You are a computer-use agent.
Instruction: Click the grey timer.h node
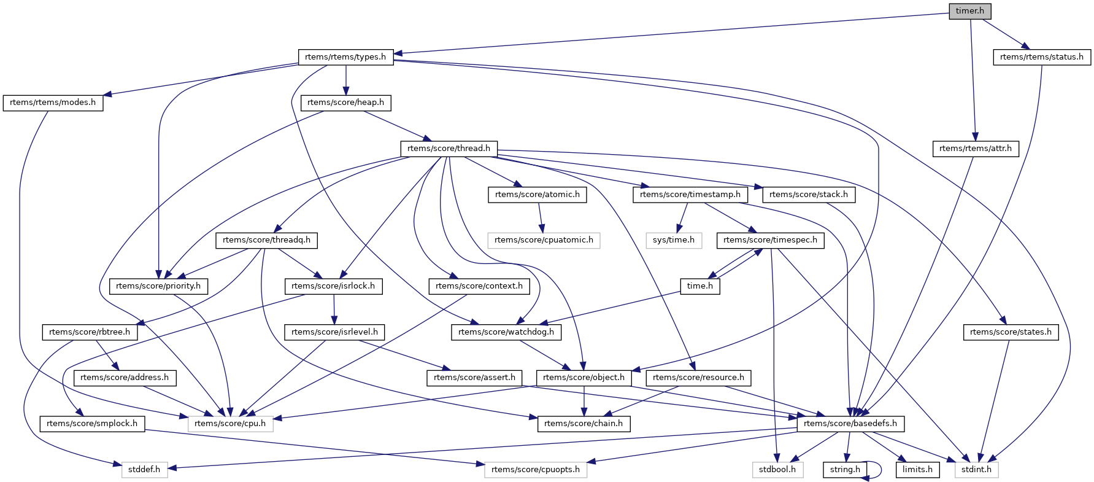(969, 11)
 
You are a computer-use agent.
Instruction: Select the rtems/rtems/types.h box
(345, 57)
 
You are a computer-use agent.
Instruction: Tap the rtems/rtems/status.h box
(1041, 57)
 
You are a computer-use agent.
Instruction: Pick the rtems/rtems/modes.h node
(53, 103)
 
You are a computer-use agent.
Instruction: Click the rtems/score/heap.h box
(345, 103)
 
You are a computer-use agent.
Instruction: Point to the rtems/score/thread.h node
(449, 149)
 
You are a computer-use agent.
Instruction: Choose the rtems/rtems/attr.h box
(975, 149)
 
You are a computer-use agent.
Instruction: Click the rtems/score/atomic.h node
(537, 195)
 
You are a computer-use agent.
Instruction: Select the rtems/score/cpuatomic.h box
(544, 240)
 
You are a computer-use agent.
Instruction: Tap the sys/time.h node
(673, 240)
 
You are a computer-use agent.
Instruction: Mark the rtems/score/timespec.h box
(770, 240)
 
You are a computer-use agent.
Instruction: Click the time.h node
(700, 286)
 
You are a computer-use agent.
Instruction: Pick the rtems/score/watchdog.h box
(506, 332)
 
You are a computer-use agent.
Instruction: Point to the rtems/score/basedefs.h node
(850, 424)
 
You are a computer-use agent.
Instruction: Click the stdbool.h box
(777, 470)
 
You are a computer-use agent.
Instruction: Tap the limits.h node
(917, 470)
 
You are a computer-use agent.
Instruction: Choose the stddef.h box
(144, 470)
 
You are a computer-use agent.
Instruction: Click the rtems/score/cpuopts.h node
(536, 470)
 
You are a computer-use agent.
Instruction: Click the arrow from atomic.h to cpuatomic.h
(541, 217)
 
